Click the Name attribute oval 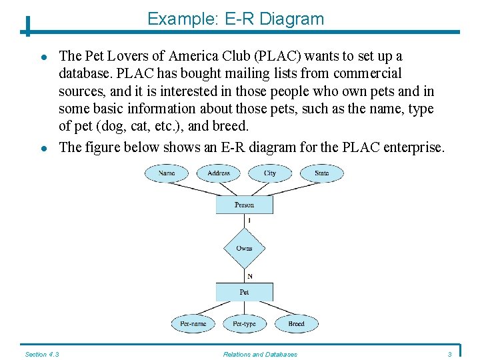167,173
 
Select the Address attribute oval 219,173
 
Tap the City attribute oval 270,173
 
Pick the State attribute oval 322,173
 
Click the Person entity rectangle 244,205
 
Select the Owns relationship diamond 244,249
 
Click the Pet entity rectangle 244,292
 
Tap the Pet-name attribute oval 193,323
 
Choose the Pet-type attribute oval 244,323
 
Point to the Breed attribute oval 296,323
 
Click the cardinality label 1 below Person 249,220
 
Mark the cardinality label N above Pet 249,276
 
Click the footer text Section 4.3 42,354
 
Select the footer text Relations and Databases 260,354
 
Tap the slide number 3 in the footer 450,354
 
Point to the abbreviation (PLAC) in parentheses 281,56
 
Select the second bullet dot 42,148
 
